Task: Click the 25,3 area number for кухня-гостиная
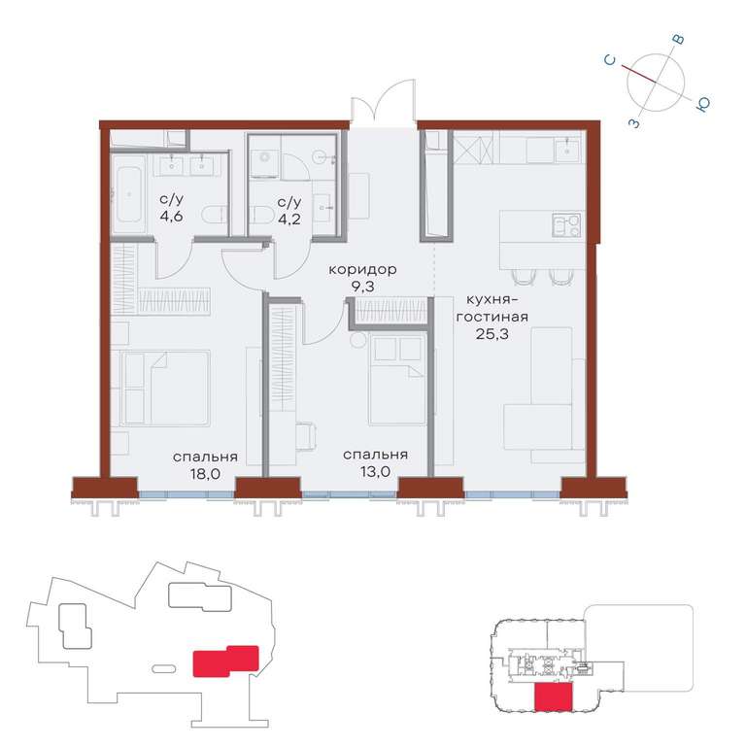(x=492, y=334)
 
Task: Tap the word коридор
(x=362, y=270)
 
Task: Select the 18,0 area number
(x=205, y=473)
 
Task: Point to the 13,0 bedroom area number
(x=375, y=471)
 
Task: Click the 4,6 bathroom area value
(x=171, y=217)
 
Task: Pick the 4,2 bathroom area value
(x=289, y=220)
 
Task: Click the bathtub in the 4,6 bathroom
(x=129, y=194)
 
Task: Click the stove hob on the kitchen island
(x=566, y=225)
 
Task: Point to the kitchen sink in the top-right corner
(x=566, y=149)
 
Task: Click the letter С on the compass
(x=610, y=60)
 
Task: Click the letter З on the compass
(x=634, y=123)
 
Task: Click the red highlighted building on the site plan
(x=225, y=661)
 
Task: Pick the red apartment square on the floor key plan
(x=554, y=697)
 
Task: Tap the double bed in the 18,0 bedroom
(x=165, y=389)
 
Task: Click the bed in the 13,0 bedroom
(x=397, y=379)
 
